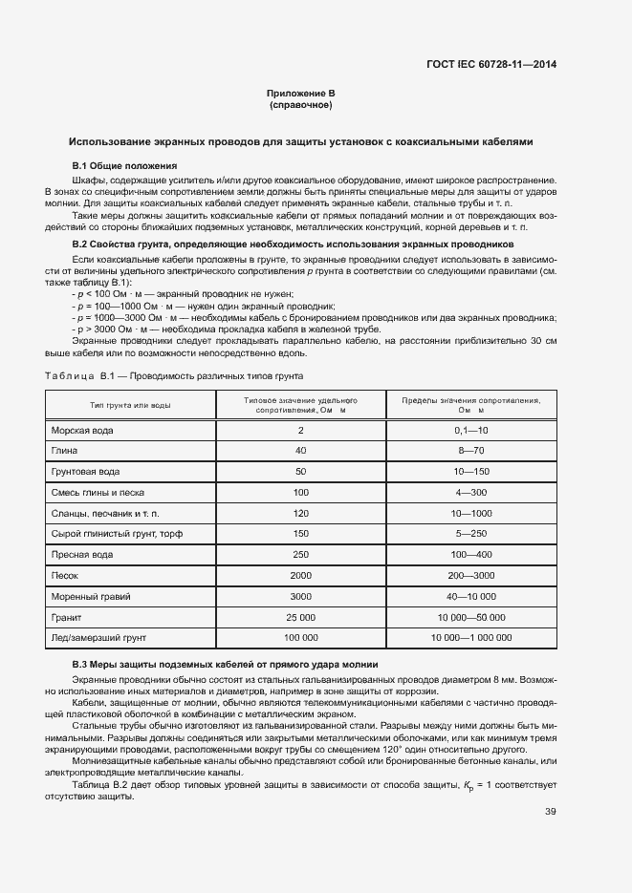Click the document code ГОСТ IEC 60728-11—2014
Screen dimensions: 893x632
point(490,65)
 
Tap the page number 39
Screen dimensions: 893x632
point(550,785)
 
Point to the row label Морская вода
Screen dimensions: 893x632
point(82,430)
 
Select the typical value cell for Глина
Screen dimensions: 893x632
point(301,451)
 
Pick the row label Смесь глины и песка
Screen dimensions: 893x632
point(99,492)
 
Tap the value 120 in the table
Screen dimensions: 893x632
point(301,513)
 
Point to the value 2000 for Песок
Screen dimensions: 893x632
point(301,575)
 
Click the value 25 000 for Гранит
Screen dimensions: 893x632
point(301,616)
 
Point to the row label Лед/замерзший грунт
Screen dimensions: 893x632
point(101,637)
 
